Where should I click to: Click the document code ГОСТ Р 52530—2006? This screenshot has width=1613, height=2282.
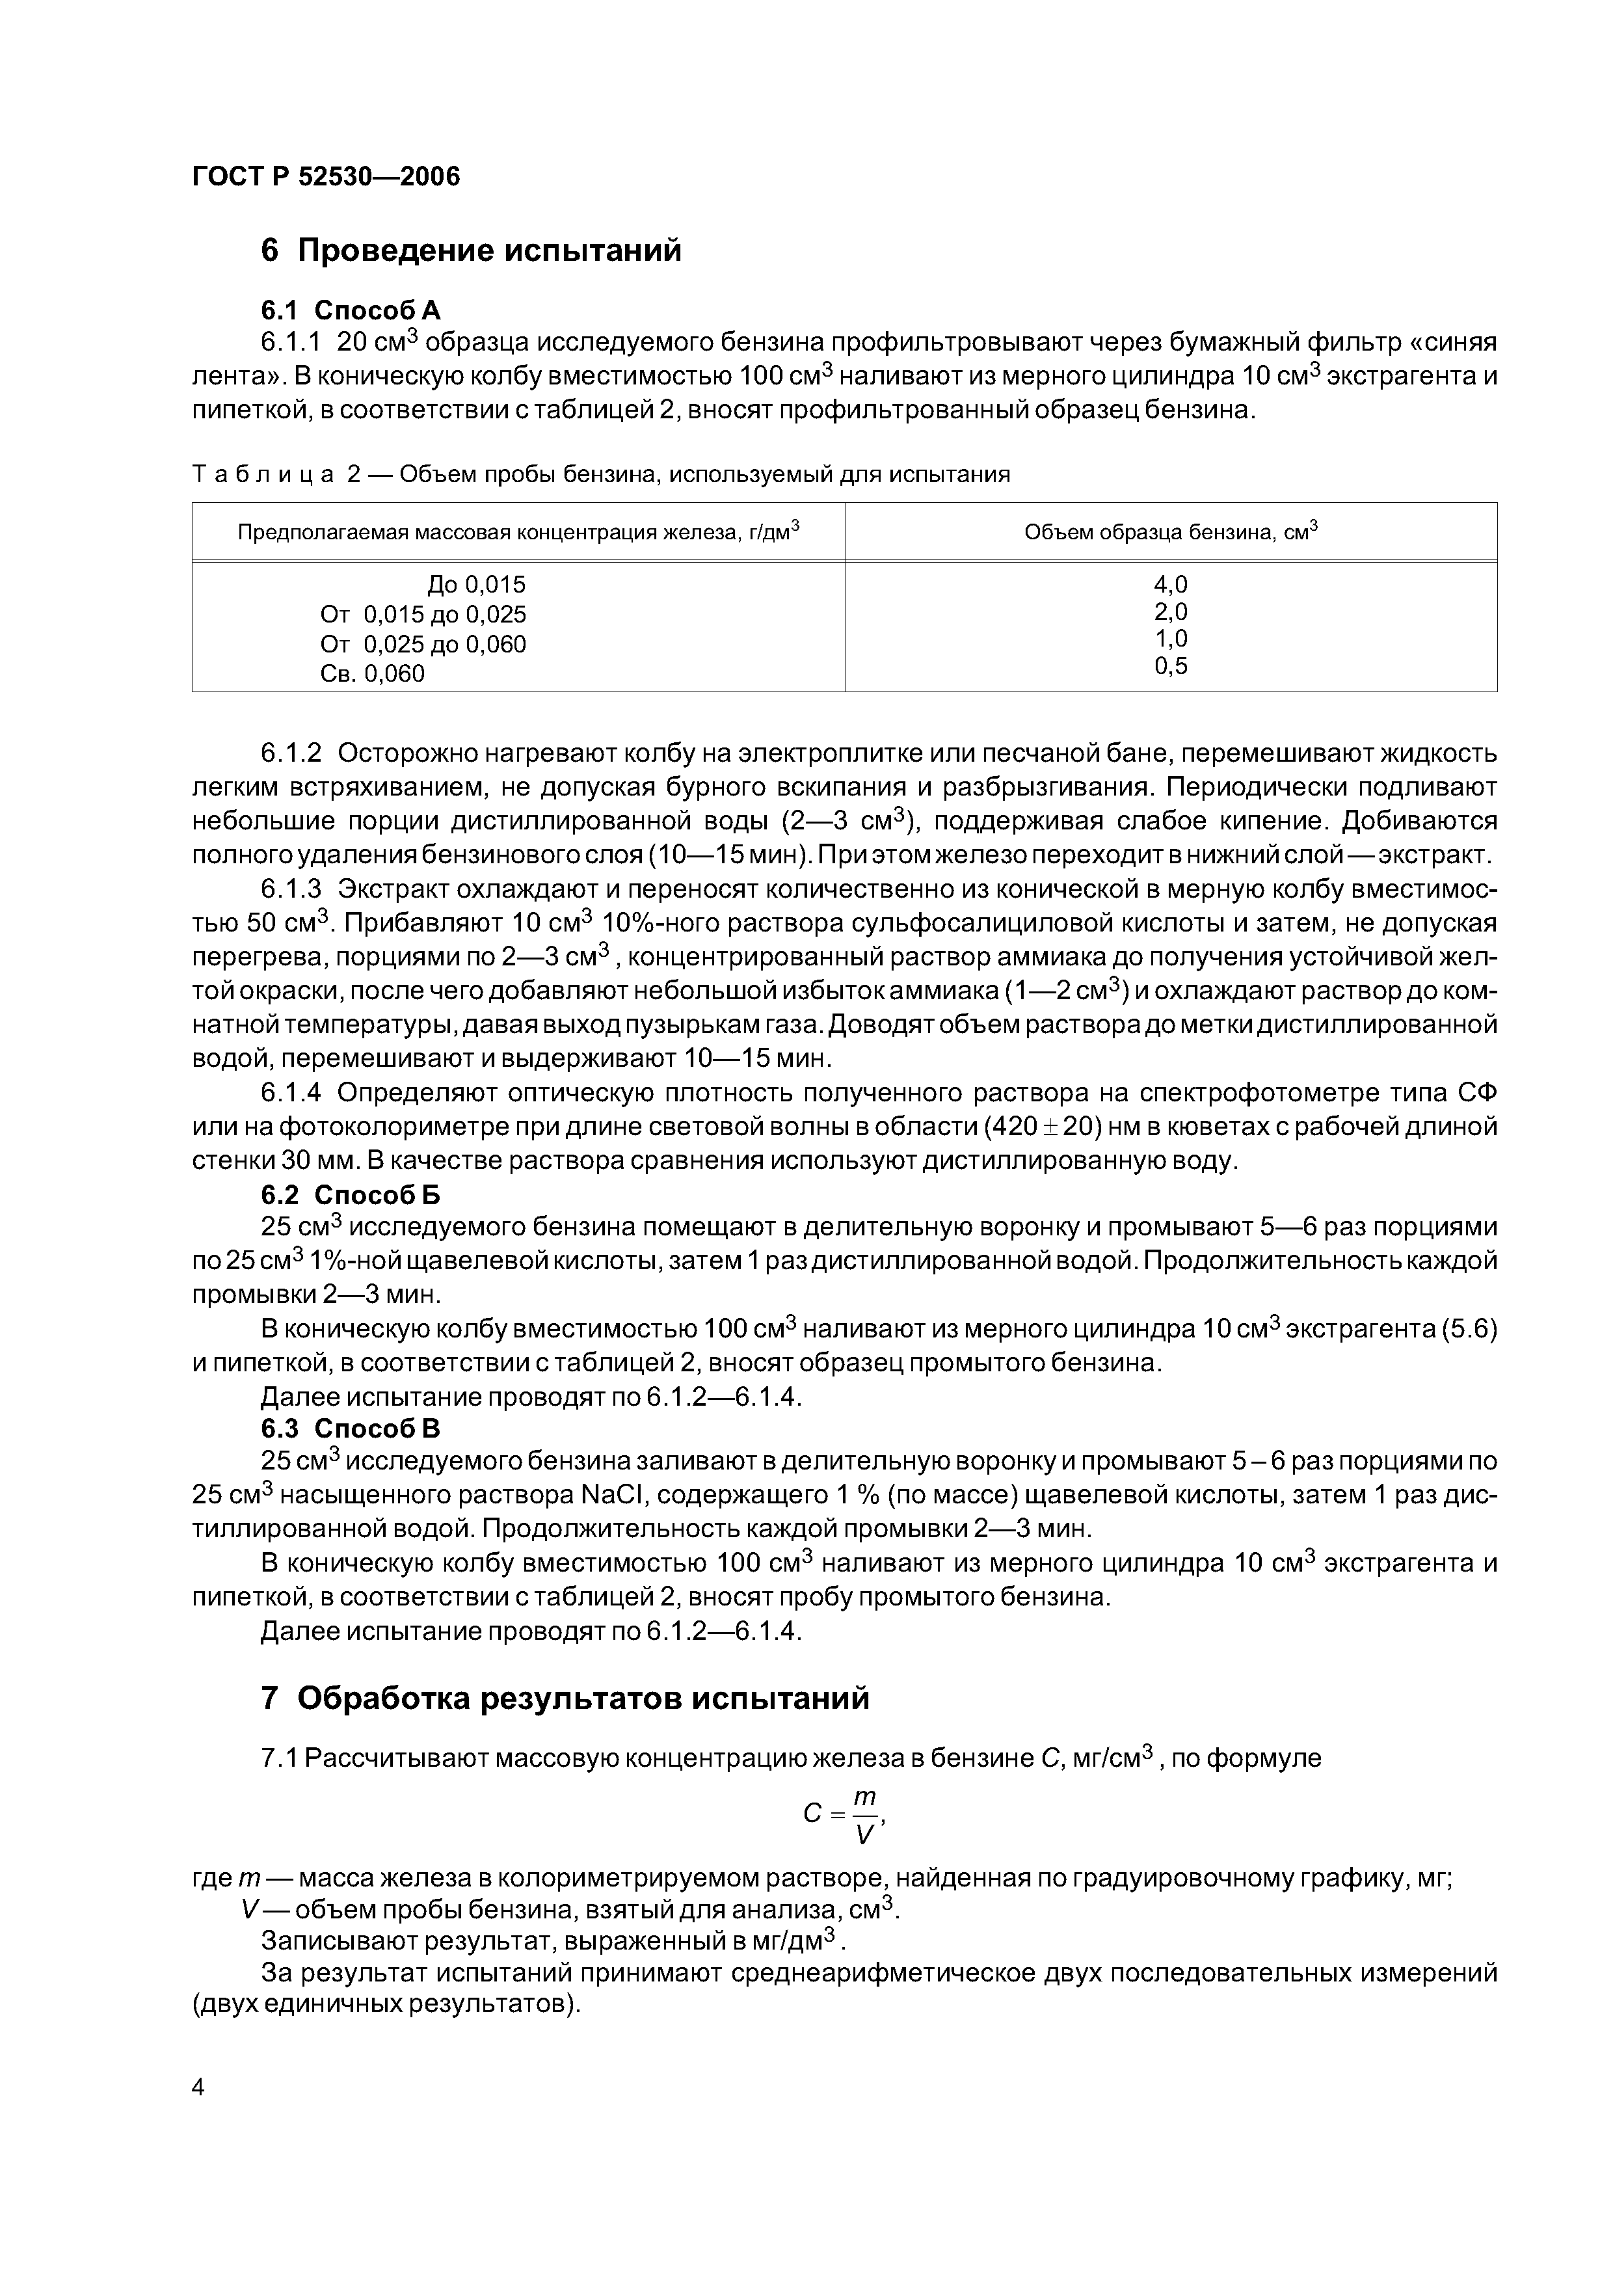(x=326, y=177)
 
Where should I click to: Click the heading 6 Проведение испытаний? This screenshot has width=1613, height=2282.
(x=471, y=250)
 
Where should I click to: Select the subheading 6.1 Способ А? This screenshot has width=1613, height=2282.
(x=351, y=310)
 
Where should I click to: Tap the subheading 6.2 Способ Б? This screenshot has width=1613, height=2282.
(x=351, y=1195)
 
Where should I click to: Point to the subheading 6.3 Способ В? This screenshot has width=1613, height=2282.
(x=351, y=1429)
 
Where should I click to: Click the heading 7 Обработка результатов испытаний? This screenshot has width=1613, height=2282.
(x=565, y=1698)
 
